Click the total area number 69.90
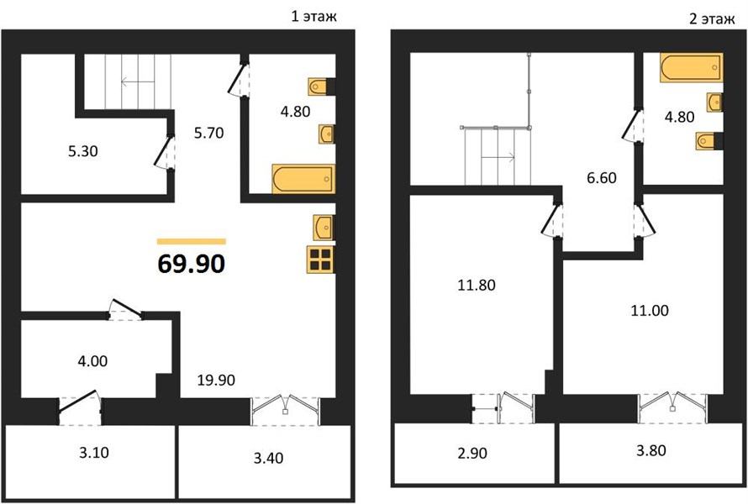[x=192, y=263]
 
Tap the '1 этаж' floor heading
[x=313, y=17]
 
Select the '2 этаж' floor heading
[x=712, y=18]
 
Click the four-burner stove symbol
[x=320, y=260]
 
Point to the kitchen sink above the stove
[x=324, y=228]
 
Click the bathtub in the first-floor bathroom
[x=303, y=179]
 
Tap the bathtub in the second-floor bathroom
[x=691, y=67]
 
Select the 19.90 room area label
[x=216, y=380]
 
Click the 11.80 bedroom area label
[x=476, y=285]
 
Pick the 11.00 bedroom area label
[x=650, y=311]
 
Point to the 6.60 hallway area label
[x=602, y=178]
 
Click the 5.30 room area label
[x=83, y=151]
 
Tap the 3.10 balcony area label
[x=94, y=452]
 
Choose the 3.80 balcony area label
[x=651, y=450]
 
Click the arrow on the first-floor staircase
[x=137, y=82]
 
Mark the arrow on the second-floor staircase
[x=498, y=156]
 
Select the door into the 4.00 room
[x=126, y=309]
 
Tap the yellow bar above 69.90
[x=192, y=241]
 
